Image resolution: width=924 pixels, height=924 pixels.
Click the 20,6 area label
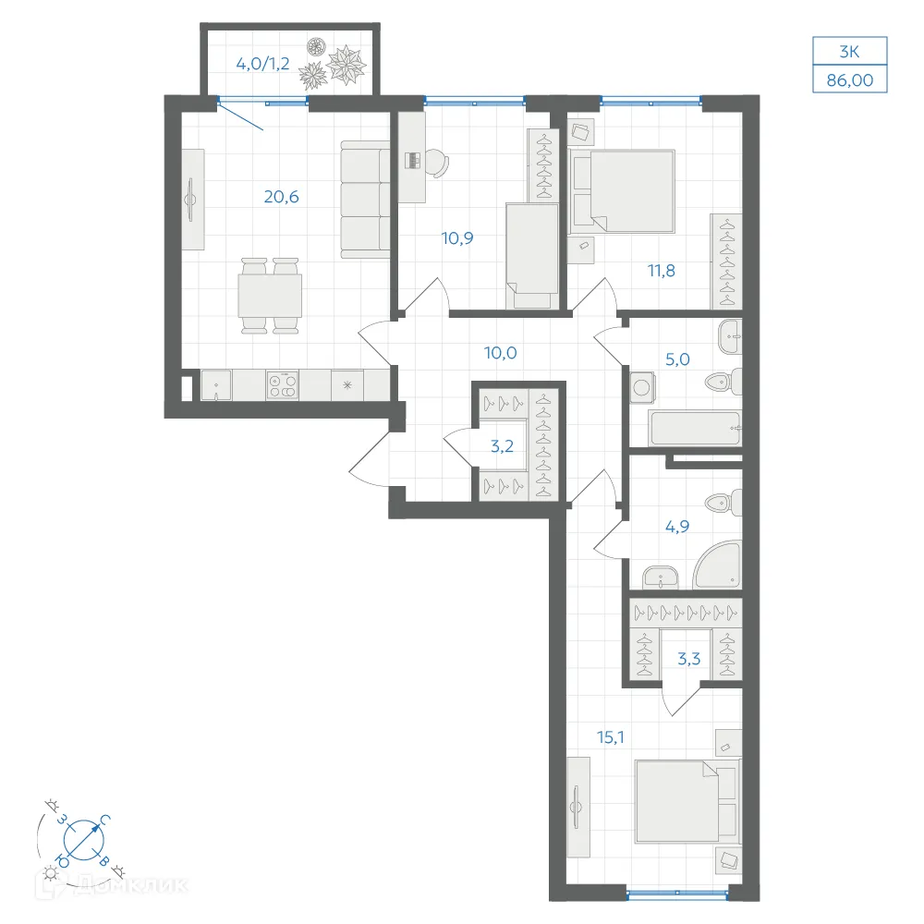point(281,197)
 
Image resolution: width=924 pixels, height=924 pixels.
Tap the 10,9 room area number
point(457,238)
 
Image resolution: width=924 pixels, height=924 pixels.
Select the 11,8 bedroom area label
point(662,271)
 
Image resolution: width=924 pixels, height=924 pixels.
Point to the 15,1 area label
point(611,736)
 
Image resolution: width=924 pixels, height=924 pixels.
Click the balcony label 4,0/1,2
point(262,64)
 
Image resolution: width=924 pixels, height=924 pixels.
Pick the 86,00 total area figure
point(850,80)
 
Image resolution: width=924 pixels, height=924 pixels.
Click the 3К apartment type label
point(850,52)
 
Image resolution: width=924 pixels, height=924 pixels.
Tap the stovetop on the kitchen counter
point(282,385)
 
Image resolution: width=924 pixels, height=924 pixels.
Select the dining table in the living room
point(270,296)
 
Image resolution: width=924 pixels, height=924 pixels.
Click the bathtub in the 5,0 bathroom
point(694,428)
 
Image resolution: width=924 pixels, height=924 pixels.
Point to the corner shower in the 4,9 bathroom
point(718,565)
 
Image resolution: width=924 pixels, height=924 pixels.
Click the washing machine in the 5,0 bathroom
point(642,388)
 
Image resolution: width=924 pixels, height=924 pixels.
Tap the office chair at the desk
point(437,163)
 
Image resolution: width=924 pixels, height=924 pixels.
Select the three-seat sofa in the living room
point(365,200)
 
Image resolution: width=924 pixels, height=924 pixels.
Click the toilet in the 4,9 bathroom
point(723,502)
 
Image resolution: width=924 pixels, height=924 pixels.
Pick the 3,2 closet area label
point(502,446)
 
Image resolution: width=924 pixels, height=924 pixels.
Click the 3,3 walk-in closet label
point(689,658)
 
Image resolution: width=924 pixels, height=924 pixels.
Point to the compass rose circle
point(84,839)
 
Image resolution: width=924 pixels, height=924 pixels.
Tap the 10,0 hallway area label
point(500,353)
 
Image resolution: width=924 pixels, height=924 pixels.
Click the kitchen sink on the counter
point(216,385)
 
